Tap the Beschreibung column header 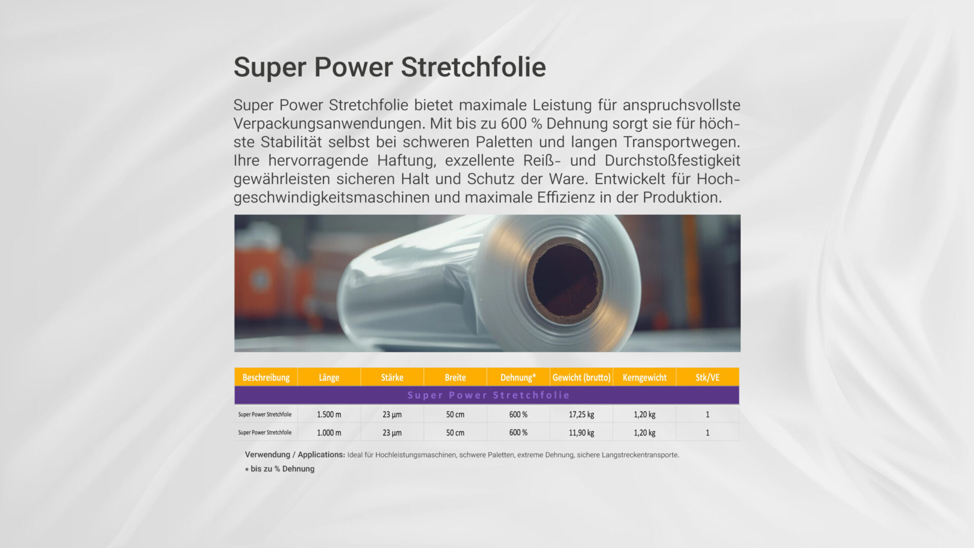click(x=266, y=378)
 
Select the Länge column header click(x=329, y=378)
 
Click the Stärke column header click(x=392, y=378)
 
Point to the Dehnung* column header click(x=518, y=378)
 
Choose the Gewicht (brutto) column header click(x=581, y=378)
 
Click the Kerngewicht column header click(x=644, y=378)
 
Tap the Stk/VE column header click(x=707, y=378)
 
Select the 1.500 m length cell click(x=329, y=415)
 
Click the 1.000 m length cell click(x=329, y=433)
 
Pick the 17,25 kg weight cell click(x=581, y=415)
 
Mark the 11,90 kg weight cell click(x=581, y=433)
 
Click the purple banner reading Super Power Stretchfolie click(x=487, y=395)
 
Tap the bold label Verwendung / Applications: click(x=295, y=455)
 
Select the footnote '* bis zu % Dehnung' click(x=280, y=469)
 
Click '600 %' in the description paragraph click(x=521, y=123)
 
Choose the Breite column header click(x=455, y=378)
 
